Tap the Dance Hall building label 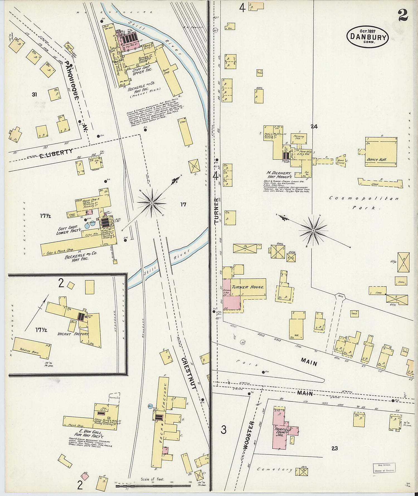(x=376, y=159)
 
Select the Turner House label (x=248, y=287)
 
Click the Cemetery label (x=274, y=470)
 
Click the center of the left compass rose (x=151, y=203)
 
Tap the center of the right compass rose (x=313, y=231)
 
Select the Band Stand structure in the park (x=341, y=161)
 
